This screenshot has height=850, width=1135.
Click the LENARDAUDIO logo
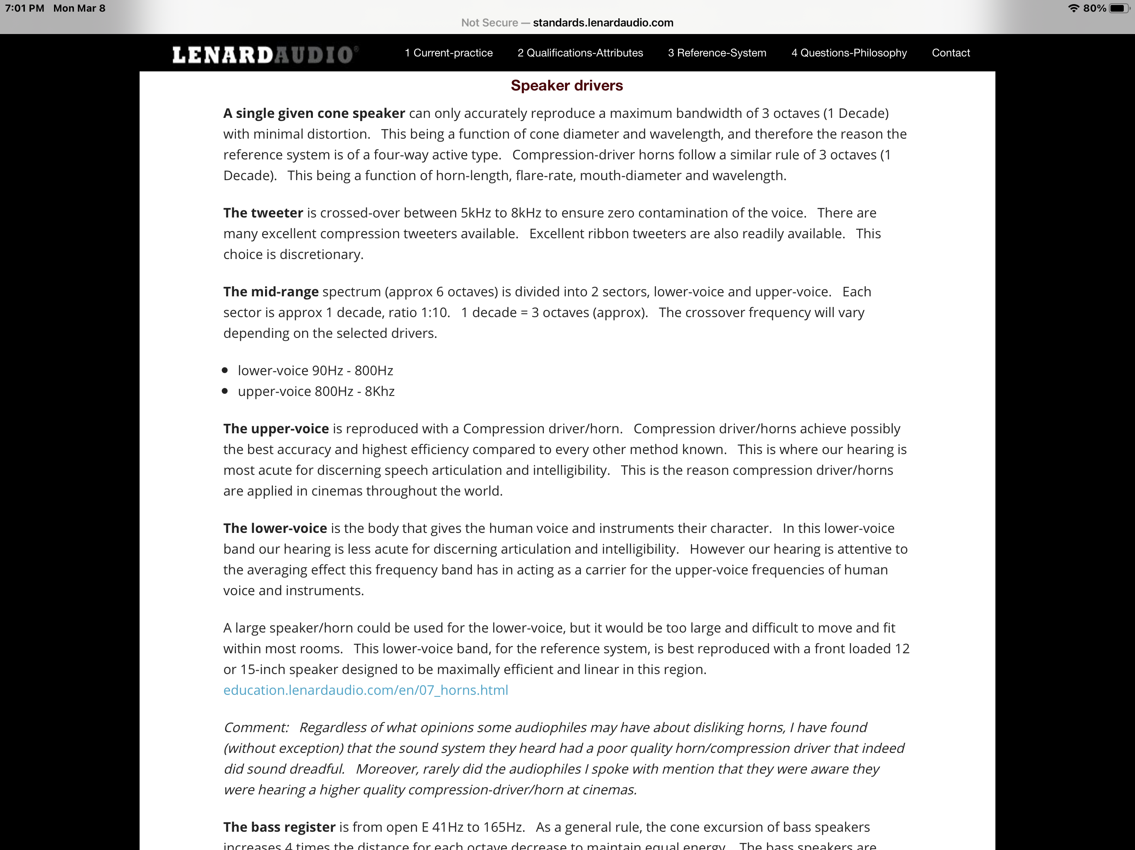264,54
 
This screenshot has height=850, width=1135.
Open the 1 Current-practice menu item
448,53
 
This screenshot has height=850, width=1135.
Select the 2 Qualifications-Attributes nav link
580,53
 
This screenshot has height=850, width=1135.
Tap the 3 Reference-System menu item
717,53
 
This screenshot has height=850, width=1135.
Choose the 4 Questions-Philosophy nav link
849,53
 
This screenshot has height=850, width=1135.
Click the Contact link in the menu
950,53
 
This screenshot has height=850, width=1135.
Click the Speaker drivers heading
567,85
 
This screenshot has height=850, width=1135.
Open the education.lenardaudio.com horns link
365,690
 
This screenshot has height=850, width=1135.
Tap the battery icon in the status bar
1118,8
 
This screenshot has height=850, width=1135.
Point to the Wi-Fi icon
1074,8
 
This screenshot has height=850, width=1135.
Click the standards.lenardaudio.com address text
603,22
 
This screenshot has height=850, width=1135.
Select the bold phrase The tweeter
263,213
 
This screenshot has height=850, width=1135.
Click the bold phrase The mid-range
270,292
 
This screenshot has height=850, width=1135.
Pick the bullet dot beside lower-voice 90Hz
225,370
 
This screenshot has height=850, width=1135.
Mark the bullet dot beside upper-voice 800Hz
225,391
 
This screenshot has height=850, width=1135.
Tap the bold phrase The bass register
279,827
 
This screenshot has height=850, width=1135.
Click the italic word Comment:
256,728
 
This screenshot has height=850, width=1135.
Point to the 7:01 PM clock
25,8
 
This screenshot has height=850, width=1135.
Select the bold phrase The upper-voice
275,429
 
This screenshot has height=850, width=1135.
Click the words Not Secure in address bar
489,22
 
